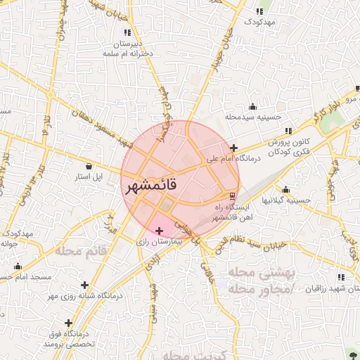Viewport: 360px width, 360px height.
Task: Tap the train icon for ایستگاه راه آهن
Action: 233,195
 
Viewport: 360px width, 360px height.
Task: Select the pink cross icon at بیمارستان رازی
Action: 159,231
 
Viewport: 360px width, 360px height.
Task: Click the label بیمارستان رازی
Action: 159,241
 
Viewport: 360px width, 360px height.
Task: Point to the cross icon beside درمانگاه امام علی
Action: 233,148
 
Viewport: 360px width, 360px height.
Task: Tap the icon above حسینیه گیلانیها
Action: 285,190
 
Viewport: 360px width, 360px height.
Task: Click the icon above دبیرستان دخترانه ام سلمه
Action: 127,32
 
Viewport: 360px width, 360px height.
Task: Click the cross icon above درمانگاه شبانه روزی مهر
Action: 86,285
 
